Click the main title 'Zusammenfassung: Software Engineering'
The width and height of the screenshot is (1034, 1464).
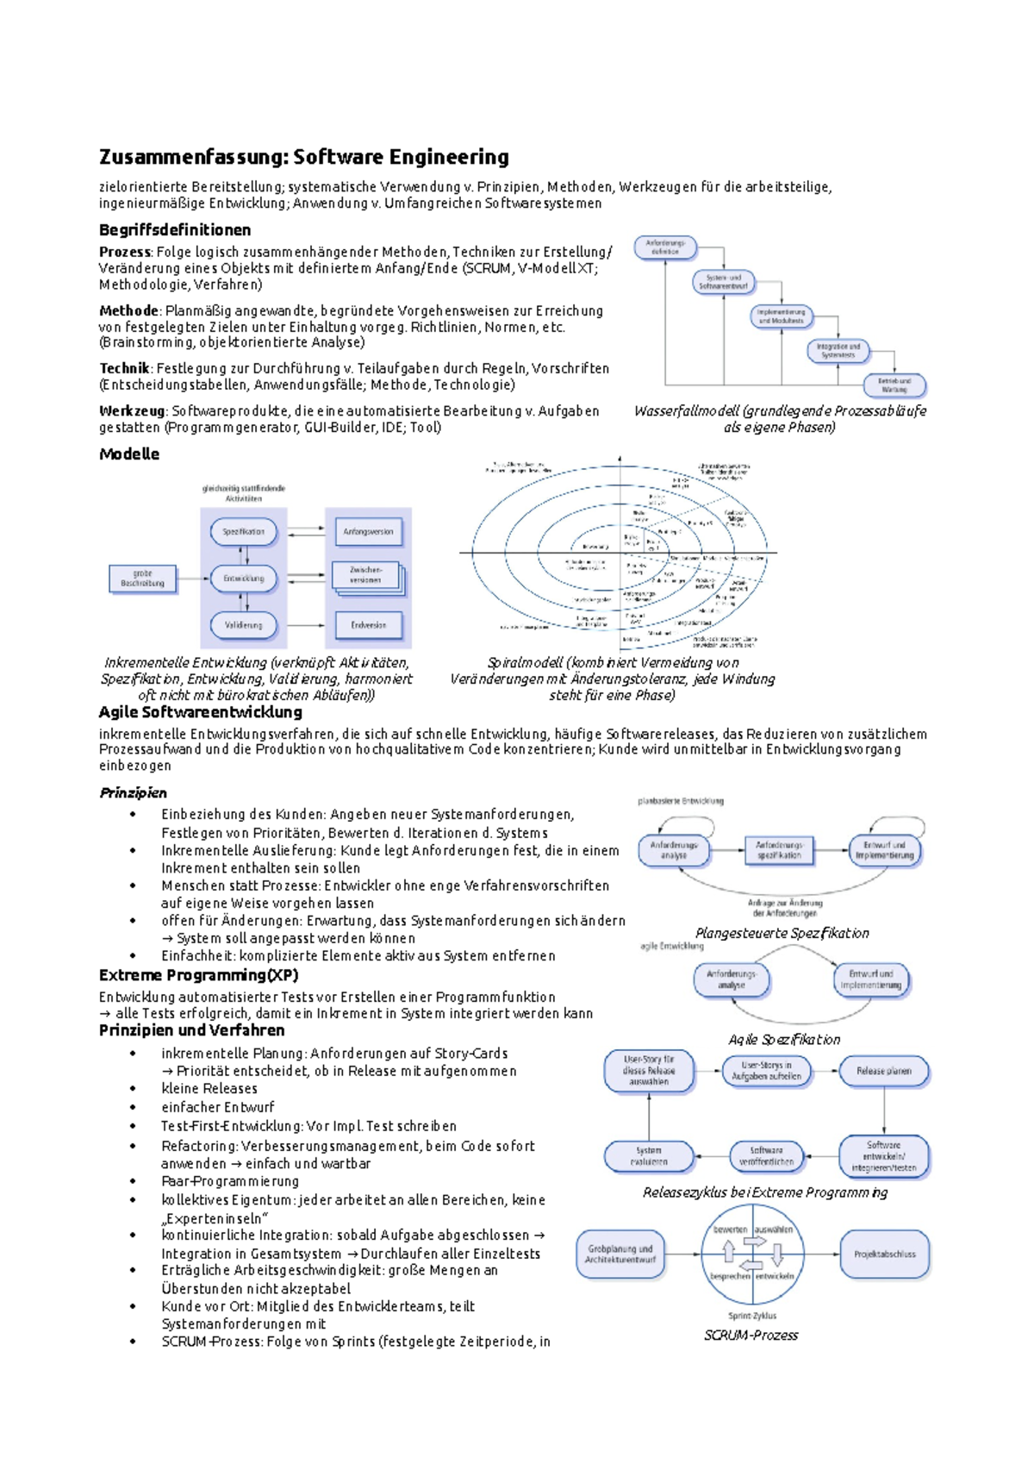pyautogui.click(x=303, y=157)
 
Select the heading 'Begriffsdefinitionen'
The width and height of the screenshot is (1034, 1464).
pyautogui.click(x=175, y=229)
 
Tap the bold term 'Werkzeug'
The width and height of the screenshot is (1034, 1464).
pyautogui.click(x=132, y=410)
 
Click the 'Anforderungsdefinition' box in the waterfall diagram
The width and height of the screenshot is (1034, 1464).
pyautogui.click(x=665, y=247)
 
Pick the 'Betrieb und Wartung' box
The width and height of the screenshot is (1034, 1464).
pyautogui.click(x=894, y=385)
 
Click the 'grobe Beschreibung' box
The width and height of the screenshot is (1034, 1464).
pyautogui.click(x=142, y=578)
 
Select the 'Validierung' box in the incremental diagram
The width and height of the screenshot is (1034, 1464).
pyautogui.click(x=244, y=624)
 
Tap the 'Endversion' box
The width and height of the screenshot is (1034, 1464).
pyautogui.click(x=368, y=624)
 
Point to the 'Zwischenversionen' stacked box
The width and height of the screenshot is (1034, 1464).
pyautogui.click(x=366, y=575)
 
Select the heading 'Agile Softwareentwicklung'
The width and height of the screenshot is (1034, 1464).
pyautogui.click(x=200, y=712)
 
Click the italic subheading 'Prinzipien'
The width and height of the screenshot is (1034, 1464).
pyautogui.click(x=133, y=792)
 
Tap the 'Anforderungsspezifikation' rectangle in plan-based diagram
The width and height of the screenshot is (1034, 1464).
pyautogui.click(x=779, y=850)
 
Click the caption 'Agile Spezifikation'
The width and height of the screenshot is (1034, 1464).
pyautogui.click(x=783, y=1039)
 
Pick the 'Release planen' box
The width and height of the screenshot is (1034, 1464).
pyautogui.click(x=884, y=1071)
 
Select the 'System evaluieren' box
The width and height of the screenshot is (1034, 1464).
pyautogui.click(x=649, y=1155)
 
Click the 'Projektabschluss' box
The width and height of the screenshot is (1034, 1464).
pyautogui.click(x=885, y=1254)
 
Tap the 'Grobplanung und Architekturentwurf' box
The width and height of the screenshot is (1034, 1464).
pyautogui.click(x=620, y=1254)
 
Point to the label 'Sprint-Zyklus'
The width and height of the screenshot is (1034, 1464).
pyautogui.click(x=752, y=1316)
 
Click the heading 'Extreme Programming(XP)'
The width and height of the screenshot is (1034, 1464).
pyautogui.click(x=198, y=975)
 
